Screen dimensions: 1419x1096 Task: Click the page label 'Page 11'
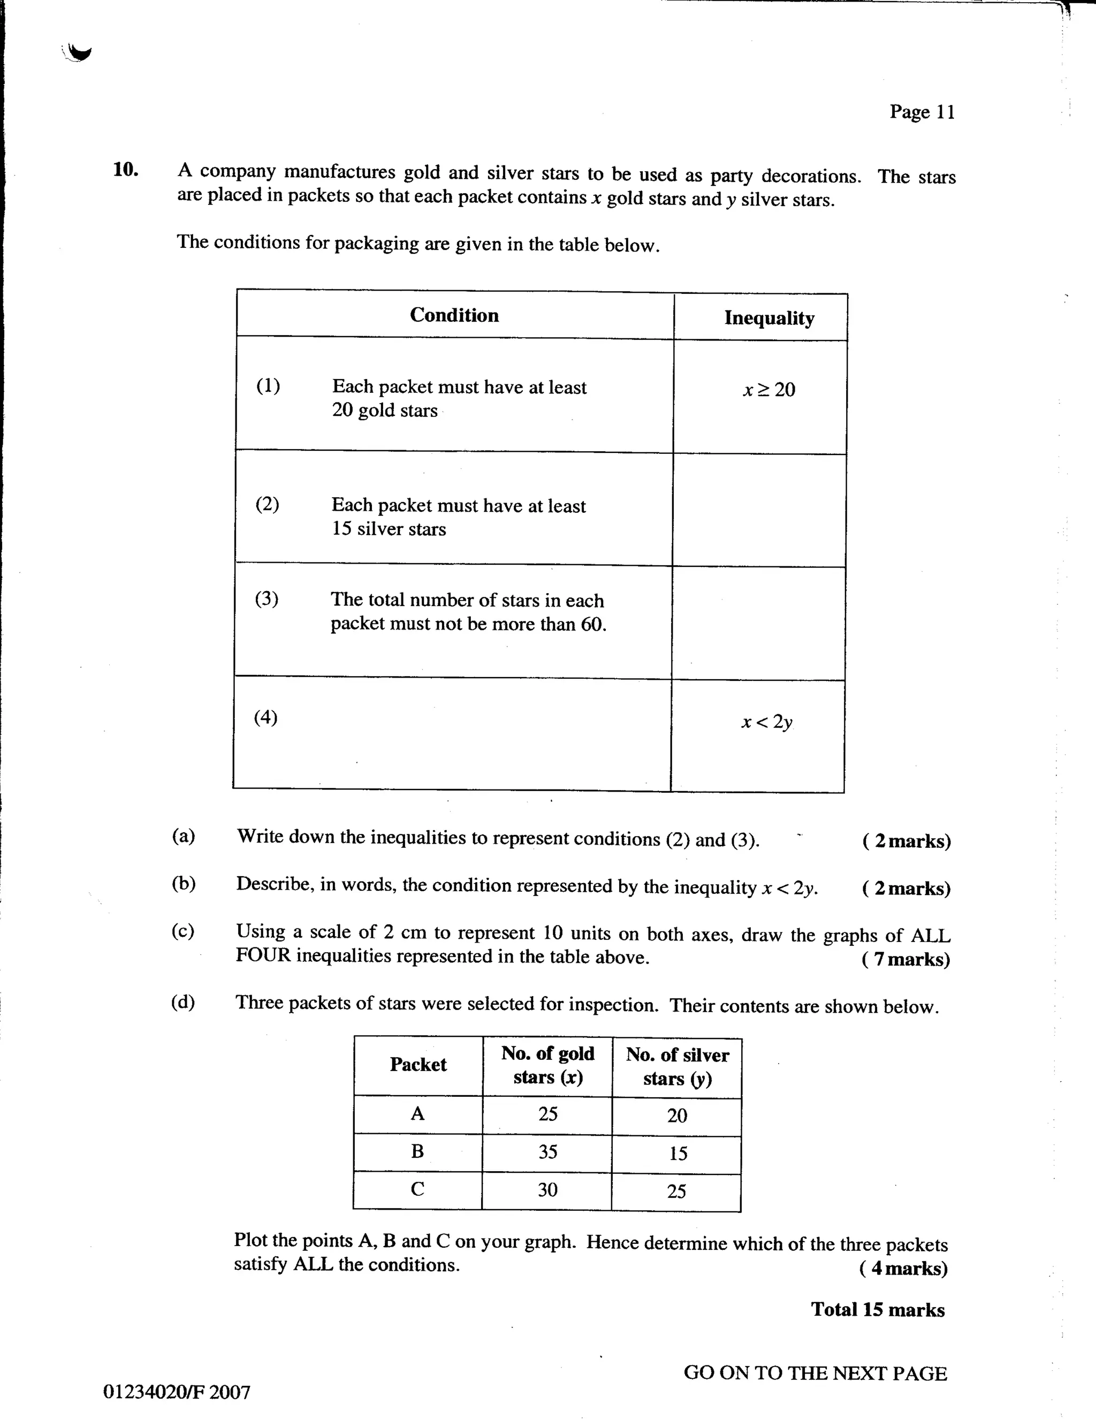point(922,112)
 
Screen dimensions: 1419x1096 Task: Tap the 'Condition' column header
point(454,315)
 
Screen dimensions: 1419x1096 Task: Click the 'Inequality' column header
point(769,318)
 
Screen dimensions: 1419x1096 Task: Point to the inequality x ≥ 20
point(769,390)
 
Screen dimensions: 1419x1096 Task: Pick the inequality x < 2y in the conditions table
point(767,722)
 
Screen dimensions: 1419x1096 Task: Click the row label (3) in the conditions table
point(267,598)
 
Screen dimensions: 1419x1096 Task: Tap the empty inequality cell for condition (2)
point(759,511)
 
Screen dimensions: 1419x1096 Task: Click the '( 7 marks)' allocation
point(905,959)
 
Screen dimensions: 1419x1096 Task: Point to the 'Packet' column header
point(418,1064)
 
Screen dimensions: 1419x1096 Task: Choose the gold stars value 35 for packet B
point(547,1152)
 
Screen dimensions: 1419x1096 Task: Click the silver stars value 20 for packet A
point(677,1116)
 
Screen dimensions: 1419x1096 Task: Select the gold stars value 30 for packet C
point(547,1190)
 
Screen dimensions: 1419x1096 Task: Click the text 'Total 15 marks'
point(878,1309)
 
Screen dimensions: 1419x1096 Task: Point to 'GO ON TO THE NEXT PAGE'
point(815,1373)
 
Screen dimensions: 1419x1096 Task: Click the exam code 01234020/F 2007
point(177,1392)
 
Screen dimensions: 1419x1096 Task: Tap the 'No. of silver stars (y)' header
point(677,1066)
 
